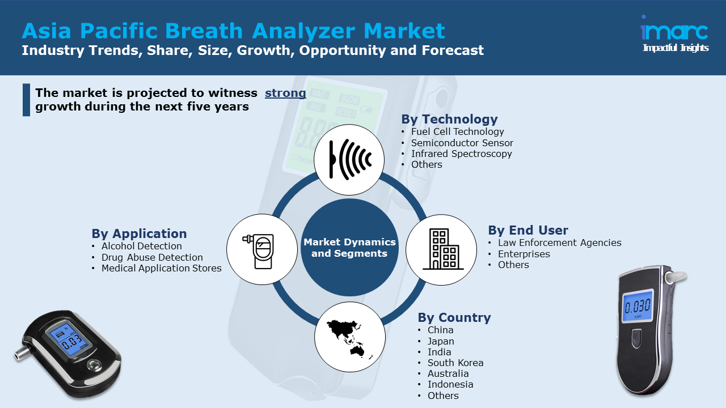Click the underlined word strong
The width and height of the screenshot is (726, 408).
pos(285,93)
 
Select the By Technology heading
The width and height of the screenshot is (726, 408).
pos(449,119)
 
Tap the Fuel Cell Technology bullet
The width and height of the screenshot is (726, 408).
pos(457,131)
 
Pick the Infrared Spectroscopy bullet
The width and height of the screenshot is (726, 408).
pos(461,154)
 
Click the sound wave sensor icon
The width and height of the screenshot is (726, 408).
pos(349,160)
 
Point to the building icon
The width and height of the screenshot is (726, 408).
pos(442,249)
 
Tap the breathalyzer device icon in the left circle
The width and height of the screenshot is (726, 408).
pos(261,249)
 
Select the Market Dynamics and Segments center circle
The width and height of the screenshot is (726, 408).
pos(349,248)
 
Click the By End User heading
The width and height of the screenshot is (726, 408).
pos(527,230)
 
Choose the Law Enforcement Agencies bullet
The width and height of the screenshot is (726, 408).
pos(559,243)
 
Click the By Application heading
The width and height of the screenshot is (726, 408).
pos(139,233)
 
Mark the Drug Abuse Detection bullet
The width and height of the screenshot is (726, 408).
pos(151,257)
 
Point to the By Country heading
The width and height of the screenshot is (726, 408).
pos(454,317)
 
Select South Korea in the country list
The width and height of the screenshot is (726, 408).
pos(455,363)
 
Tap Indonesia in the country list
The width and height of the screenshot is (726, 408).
pos(450,384)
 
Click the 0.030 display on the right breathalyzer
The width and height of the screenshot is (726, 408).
pos(638,307)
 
